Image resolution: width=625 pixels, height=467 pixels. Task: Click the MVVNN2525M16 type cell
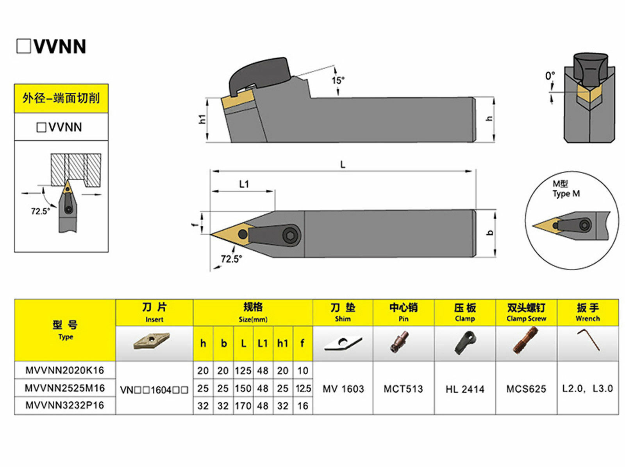tap(65, 388)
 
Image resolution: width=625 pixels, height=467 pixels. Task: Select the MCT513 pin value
tap(403, 389)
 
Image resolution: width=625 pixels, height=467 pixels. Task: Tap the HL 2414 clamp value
tap(465, 389)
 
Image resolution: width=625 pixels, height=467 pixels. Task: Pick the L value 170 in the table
tap(243, 406)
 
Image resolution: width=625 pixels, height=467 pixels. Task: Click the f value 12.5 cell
tap(303, 388)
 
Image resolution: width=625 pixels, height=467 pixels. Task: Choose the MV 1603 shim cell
tap(343, 389)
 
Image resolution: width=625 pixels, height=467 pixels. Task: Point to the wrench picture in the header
tap(588, 340)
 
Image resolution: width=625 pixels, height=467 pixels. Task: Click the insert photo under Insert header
tap(151, 341)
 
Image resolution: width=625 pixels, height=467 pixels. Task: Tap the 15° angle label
tap(338, 80)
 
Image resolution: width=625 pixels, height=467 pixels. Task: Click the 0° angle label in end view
tap(550, 75)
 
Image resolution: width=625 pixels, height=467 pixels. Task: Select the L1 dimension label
tap(244, 184)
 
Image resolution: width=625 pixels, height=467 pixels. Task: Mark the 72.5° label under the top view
tap(231, 259)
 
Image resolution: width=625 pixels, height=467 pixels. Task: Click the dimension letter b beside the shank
tap(491, 233)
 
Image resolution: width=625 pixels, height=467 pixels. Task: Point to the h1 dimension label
tap(202, 119)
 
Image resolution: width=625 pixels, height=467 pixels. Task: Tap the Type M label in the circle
tap(566, 193)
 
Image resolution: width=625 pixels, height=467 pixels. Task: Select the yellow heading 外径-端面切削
tap(61, 98)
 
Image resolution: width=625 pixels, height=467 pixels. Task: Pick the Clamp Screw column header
tap(526, 312)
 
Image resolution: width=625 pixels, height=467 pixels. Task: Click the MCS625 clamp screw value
tap(526, 389)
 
